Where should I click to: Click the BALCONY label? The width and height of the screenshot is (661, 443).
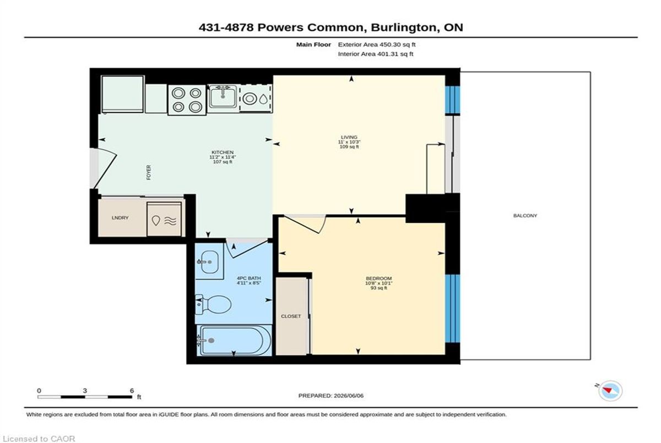click(525, 216)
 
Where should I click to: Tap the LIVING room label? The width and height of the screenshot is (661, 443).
click(349, 137)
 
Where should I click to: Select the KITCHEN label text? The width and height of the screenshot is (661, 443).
click(223, 152)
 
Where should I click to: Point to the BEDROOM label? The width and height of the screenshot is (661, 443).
click(378, 278)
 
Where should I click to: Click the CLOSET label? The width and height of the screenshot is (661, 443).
click(291, 316)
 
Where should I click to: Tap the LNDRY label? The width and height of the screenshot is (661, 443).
click(120, 218)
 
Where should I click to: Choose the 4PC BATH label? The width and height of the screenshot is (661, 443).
click(249, 278)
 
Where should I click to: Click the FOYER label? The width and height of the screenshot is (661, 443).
click(148, 172)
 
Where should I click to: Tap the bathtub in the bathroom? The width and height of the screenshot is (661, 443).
click(235, 341)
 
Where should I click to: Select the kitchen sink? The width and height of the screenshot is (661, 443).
click(223, 96)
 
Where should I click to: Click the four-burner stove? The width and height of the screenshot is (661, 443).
click(187, 100)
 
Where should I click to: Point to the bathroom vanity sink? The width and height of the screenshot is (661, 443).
click(209, 262)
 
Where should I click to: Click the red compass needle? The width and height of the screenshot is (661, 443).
click(607, 390)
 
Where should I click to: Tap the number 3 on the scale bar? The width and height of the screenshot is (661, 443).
click(85, 391)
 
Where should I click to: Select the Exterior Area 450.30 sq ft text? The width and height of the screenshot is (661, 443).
click(377, 45)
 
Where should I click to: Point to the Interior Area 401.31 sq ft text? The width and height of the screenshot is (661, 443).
click(375, 54)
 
